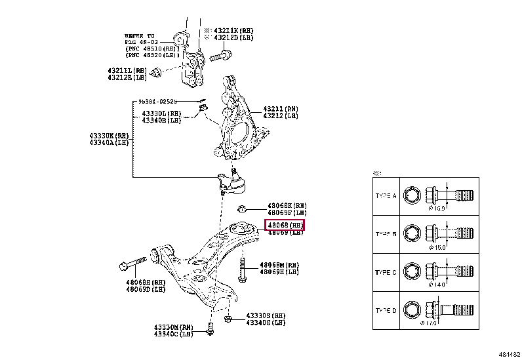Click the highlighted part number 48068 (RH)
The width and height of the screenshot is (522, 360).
click(285, 225)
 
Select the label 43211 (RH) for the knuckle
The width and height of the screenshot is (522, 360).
click(280, 109)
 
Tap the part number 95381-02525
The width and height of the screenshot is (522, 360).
click(157, 102)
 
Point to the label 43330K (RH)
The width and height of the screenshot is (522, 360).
click(109, 136)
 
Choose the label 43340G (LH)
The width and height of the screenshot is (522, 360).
click(266, 322)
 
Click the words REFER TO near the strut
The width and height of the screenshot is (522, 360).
click(139, 35)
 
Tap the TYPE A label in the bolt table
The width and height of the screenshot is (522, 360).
click(386, 195)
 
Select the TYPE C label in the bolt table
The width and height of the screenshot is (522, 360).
click(386, 271)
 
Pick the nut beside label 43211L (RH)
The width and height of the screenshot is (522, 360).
click(156, 71)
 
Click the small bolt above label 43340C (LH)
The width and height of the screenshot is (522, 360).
click(210, 329)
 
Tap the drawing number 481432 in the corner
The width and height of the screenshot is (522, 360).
click(509, 353)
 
